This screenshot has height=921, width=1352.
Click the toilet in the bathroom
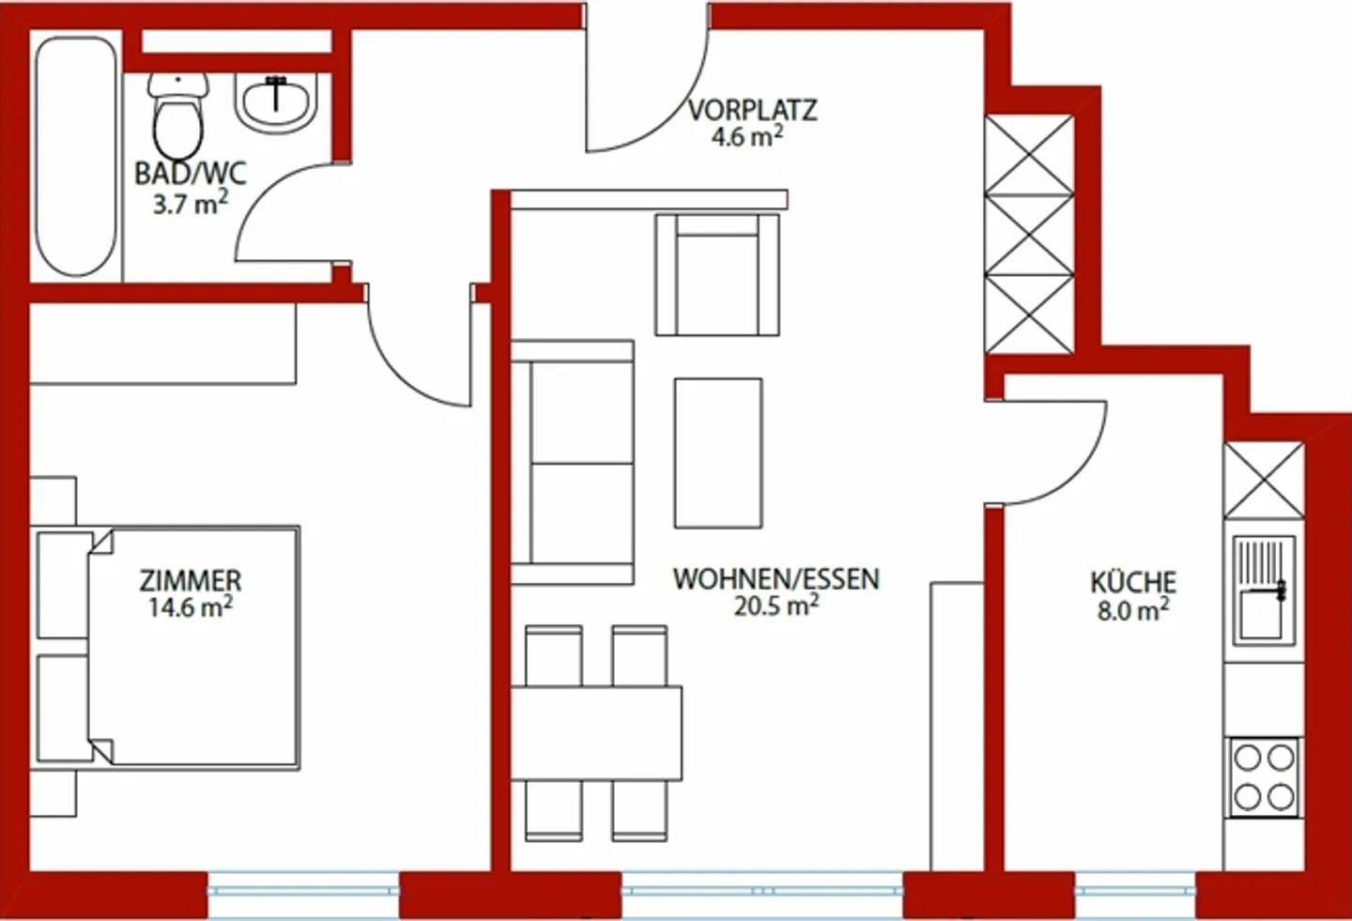[x=177, y=116]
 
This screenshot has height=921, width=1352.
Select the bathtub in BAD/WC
[x=76, y=156]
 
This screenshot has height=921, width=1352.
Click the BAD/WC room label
[x=190, y=173]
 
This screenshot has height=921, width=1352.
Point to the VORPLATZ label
[x=752, y=110]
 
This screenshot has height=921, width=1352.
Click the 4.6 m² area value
[x=747, y=137]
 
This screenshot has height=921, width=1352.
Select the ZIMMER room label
[x=191, y=580]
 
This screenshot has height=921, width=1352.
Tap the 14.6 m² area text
[x=190, y=607]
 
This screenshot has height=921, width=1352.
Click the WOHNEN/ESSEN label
[x=776, y=578]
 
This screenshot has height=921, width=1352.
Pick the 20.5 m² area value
[x=776, y=606]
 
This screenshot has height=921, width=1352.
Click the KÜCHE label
[x=1133, y=582]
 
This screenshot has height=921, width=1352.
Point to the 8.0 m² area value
[x=1133, y=611]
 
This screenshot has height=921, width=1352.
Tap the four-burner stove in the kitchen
[x=1264, y=777]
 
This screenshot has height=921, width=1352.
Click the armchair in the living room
[x=717, y=274]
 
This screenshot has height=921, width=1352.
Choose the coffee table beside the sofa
[x=718, y=453]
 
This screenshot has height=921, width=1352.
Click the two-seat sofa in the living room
[x=573, y=463]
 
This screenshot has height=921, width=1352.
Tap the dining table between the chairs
[x=596, y=732]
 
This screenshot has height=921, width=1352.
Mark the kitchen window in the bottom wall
[x=1135, y=888]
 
